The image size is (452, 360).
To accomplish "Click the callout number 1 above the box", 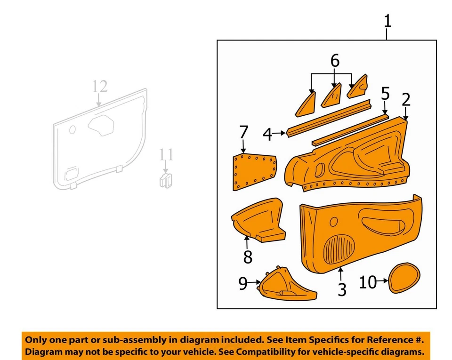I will coord(387,21).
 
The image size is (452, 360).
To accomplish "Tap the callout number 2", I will coord(406,99).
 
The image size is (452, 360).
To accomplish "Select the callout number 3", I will coord(342,289).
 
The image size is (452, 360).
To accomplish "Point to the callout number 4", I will coord(267,135).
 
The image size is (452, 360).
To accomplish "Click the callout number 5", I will coord(385,94).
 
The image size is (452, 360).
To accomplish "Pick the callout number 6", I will coord(335,61).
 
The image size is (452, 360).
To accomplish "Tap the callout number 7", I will coord(243,132).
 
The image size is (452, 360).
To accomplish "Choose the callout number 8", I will coord(248,256).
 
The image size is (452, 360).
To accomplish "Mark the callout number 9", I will coord(243,283).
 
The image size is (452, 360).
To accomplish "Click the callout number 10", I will coord(368,282).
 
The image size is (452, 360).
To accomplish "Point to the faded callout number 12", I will coord(100,87).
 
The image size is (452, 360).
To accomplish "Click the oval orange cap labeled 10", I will coord(404,278).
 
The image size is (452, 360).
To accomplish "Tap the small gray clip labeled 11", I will coord(165,180).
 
